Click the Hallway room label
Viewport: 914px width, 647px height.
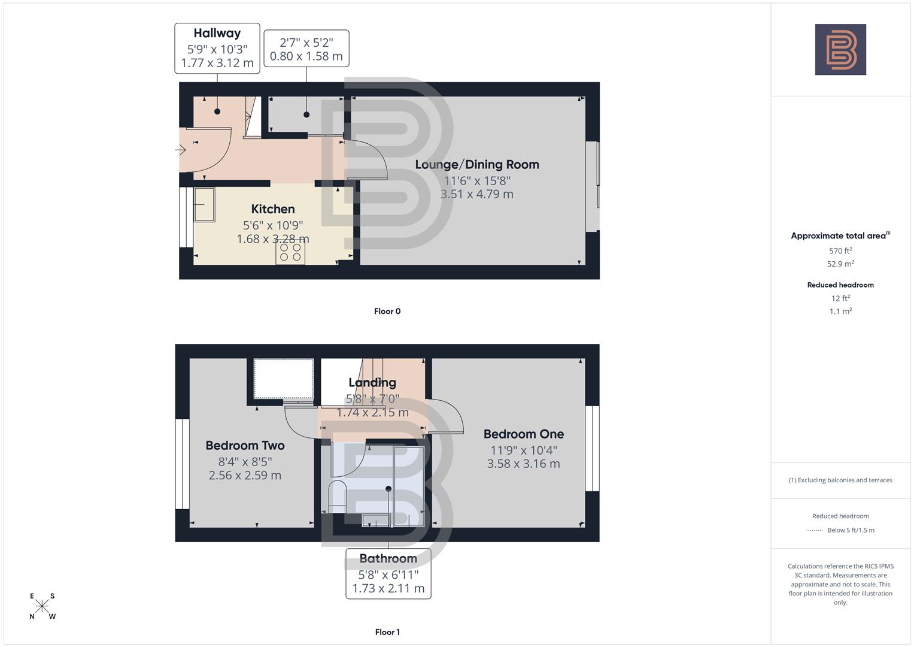point(217,34)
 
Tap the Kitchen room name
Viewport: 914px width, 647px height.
point(273,209)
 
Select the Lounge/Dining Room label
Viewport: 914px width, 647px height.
point(477,165)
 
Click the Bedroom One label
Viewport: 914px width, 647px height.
point(524,434)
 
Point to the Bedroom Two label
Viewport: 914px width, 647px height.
point(245,446)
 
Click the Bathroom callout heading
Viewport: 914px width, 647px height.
point(388,559)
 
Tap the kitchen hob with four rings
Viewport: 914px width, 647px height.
point(290,252)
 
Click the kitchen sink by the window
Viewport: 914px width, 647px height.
point(204,205)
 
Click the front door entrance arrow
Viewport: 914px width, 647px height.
point(181,150)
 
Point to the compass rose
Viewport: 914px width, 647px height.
point(42,606)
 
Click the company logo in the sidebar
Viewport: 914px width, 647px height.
point(840,50)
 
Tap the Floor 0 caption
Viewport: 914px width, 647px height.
point(387,312)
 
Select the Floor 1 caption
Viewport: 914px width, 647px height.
point(387,632)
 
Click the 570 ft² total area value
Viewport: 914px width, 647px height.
point(840,251)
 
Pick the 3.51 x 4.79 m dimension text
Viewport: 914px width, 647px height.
point(477,194)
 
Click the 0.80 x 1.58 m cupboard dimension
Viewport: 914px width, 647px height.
point(306,56)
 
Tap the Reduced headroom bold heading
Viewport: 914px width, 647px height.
point(840,285)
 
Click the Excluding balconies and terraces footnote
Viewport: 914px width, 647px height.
point(840,480)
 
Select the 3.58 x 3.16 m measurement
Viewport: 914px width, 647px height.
point(524,464)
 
